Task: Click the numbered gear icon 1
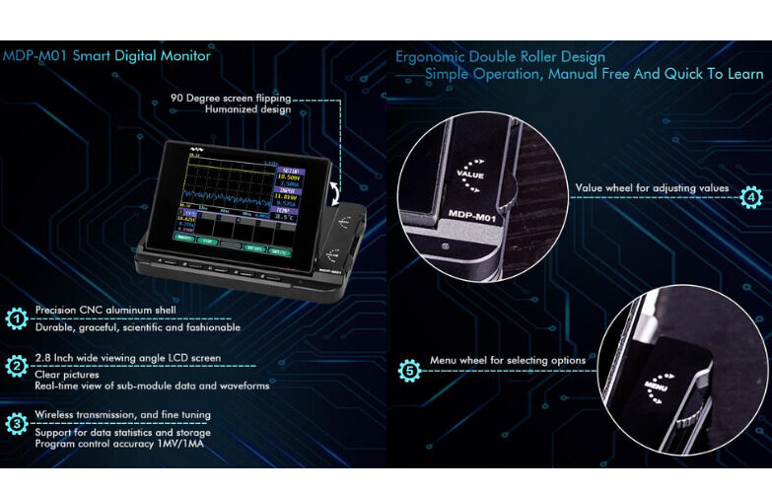pyautogui.click(x=16, y=317)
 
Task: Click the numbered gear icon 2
pyautogui.click(x=16, y=367)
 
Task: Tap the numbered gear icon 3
pyautogui.click(x=16, y=424)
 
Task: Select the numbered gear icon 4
pyautogui.click(x=751, y=196)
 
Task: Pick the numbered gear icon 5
pyautogui.click(x=410, y=370)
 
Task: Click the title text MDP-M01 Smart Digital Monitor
pyautogui.click(x=106, y=56)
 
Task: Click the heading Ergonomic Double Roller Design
pyautogui.click(x=500, y=56)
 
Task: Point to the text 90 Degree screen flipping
pyautogui.click(x=231, y=99)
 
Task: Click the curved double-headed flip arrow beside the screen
pyautogui.click(x=338, y=188)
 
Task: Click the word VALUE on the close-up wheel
pyautogui.click(x=471, y=174)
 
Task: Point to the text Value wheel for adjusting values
pyautogui.click(x=652, y=187)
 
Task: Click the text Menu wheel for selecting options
pyautogui.click(x=508, y=361)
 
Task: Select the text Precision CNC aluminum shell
pyautogui.click(x=105, y=310)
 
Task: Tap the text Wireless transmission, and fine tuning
pyautogui.click(x=122, y=415)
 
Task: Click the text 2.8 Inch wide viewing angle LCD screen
pyautogui.click(x=128, y=358)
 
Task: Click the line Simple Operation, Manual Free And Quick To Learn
pyautogui.click(x=594, y=75)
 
